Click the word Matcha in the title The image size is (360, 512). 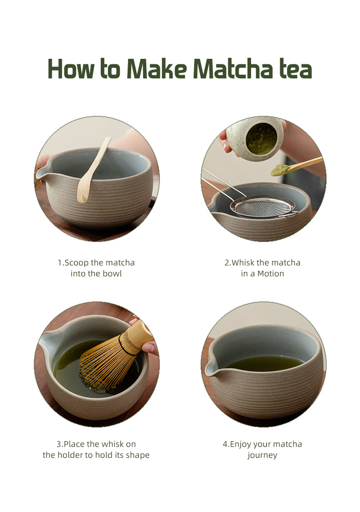point(233,69)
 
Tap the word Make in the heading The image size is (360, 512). point(156,69)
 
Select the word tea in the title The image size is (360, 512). point(296,70)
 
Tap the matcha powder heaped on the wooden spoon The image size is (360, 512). point(280,170)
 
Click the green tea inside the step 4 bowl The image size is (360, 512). point(264,363)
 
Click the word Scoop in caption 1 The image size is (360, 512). point(77,263)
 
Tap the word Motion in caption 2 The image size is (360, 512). point(271,274)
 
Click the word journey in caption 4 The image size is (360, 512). point(262,455)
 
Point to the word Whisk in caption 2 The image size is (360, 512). point(243,263)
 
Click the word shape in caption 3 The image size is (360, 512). point(138,455)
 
